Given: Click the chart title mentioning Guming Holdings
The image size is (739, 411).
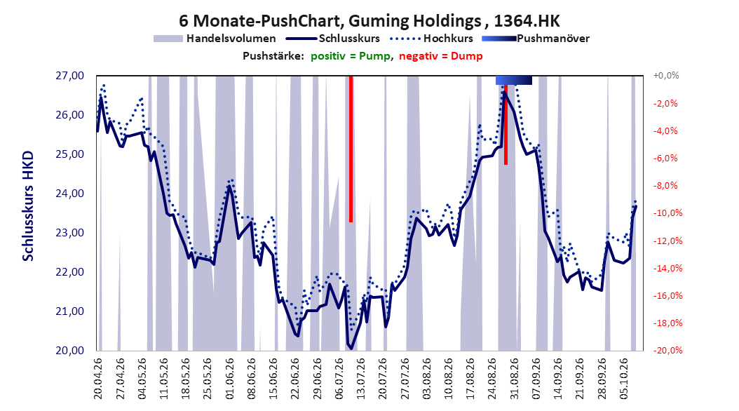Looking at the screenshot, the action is [x=369, y=21].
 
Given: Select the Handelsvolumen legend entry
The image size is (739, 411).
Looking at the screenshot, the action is [x=215, y=39].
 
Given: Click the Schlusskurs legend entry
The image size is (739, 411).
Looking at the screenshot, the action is [x=333, y=39].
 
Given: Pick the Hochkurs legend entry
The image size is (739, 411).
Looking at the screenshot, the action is [x=432, y=39].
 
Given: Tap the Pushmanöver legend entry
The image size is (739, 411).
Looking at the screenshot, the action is [x=536, y=39].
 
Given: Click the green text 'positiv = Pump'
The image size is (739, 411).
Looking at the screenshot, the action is [x=350, y=56].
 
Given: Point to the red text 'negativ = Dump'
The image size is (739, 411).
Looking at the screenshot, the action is [x=441, y=56].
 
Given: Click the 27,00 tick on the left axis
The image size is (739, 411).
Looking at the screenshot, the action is [x=69, y=76].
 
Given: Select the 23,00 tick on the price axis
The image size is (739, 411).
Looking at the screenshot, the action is [x=69, y=233].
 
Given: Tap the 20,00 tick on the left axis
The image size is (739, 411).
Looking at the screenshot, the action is [x=69, y=351].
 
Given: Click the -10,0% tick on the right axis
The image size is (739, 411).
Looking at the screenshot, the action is [x=667, y=213].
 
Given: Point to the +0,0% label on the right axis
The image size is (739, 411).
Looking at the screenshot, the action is [x=666, y=76].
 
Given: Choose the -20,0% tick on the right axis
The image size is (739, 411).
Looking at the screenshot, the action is [x=667, y=351].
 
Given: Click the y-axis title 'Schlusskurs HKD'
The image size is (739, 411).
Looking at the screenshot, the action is [x=28, y=206].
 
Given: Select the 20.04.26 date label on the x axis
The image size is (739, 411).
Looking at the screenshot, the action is [x=98, y=379].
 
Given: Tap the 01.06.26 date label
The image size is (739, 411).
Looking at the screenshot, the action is [x=229, y=379].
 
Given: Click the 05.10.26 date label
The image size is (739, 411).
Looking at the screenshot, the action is [x=624, y=379].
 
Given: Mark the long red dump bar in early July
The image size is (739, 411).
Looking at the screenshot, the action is [x=351, y=149].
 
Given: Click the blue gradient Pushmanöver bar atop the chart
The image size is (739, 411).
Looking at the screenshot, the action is [x=514, y=80].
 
